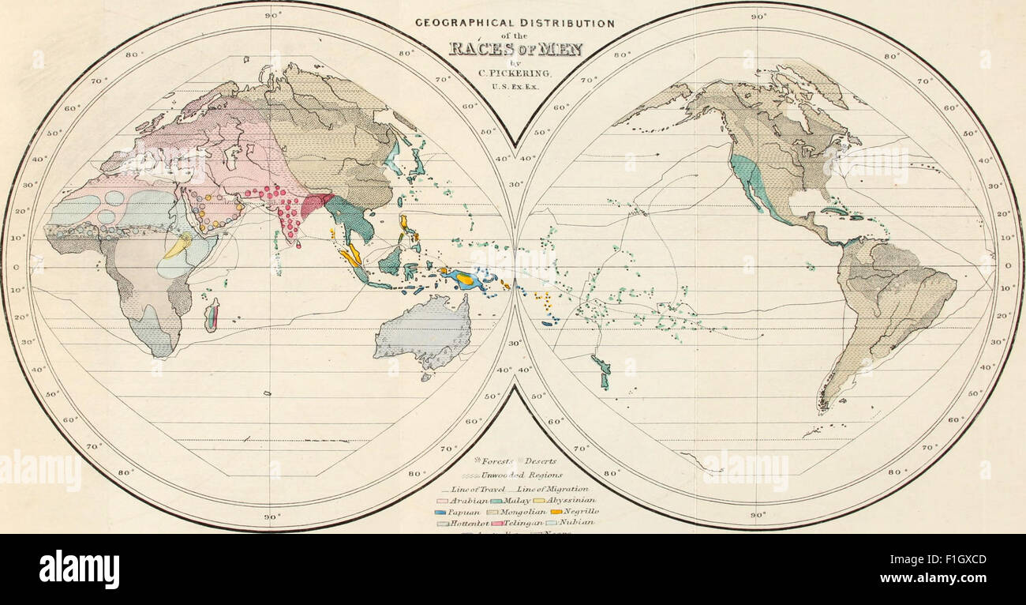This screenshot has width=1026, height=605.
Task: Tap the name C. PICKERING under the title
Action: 515,73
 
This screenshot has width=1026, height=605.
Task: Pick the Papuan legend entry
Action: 458,511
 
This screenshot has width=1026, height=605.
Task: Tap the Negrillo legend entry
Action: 573,511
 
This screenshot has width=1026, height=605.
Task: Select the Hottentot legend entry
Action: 462,522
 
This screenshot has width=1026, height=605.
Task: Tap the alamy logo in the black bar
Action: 79,569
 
